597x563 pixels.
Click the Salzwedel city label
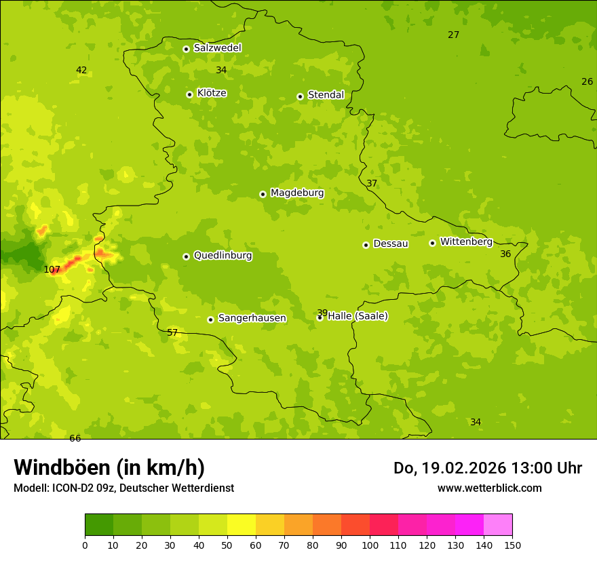(x=217, y=48)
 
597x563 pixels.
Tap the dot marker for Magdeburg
(x=263, y=194)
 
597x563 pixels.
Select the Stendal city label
(x=326, y=95)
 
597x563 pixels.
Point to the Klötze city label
(x=212, y=93)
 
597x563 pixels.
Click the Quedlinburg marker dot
(x=186, y=256)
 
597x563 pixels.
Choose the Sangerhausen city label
(x=252, y=318)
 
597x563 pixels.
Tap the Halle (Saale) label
(x=358, y=316)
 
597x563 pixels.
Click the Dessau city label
(x=391, y=244)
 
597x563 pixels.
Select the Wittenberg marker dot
(x=432, y=243)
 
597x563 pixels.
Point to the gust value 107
(x=52, y=269)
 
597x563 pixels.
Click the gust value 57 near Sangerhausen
(x=172, y=332)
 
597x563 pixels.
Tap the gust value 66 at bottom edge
(x=75, y=438)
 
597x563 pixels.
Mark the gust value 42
(x=81, y=70)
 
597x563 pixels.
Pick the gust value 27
(x=453, y=35)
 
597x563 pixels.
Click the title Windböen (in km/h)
(x=109, y=467)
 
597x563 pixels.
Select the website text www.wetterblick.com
(x=489, y=488)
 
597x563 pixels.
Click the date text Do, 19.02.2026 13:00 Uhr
(x=487, y=468)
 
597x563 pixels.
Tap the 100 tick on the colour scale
(x=370, y=545)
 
